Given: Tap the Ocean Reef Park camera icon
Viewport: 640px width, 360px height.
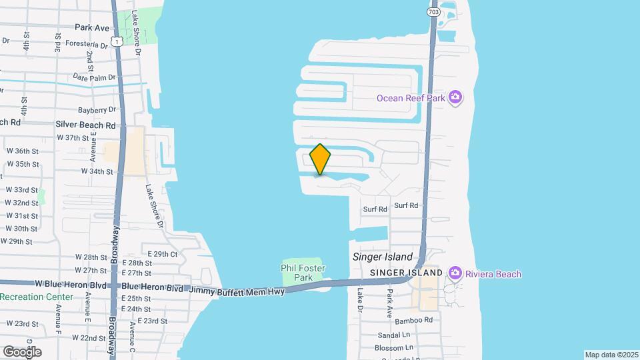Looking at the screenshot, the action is click(x=455, y=98).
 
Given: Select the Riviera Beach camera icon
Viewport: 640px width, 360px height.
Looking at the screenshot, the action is click(x=455, y=273).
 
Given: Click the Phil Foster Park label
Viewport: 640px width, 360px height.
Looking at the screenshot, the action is click(x=303, y=273).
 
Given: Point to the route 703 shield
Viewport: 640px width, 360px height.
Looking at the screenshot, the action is click(x=433, y=12).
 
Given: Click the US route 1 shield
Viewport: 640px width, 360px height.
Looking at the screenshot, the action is click(x=117, y=41).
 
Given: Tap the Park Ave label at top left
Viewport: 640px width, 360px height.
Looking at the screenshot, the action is click(x=92, y=28).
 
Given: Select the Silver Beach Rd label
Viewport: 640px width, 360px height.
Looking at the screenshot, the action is click(x=85, y=125).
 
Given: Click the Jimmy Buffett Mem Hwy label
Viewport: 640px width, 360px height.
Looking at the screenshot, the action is click(x=237, y=291).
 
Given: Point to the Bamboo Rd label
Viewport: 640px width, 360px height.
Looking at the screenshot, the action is click(x=413, y=321).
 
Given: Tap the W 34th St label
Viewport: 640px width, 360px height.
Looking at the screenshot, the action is click(x=97, y=171).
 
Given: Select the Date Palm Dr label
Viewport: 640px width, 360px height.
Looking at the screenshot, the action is click(x=89, y=78).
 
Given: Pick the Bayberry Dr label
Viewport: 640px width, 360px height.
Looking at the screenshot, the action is click(x=97, y=110).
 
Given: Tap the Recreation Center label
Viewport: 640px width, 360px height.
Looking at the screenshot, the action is click(x=37, y=297).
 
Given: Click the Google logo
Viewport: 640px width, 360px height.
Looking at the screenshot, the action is click(x=22, y=352).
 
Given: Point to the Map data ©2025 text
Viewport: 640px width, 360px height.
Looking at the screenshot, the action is click(x=611, y=355).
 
